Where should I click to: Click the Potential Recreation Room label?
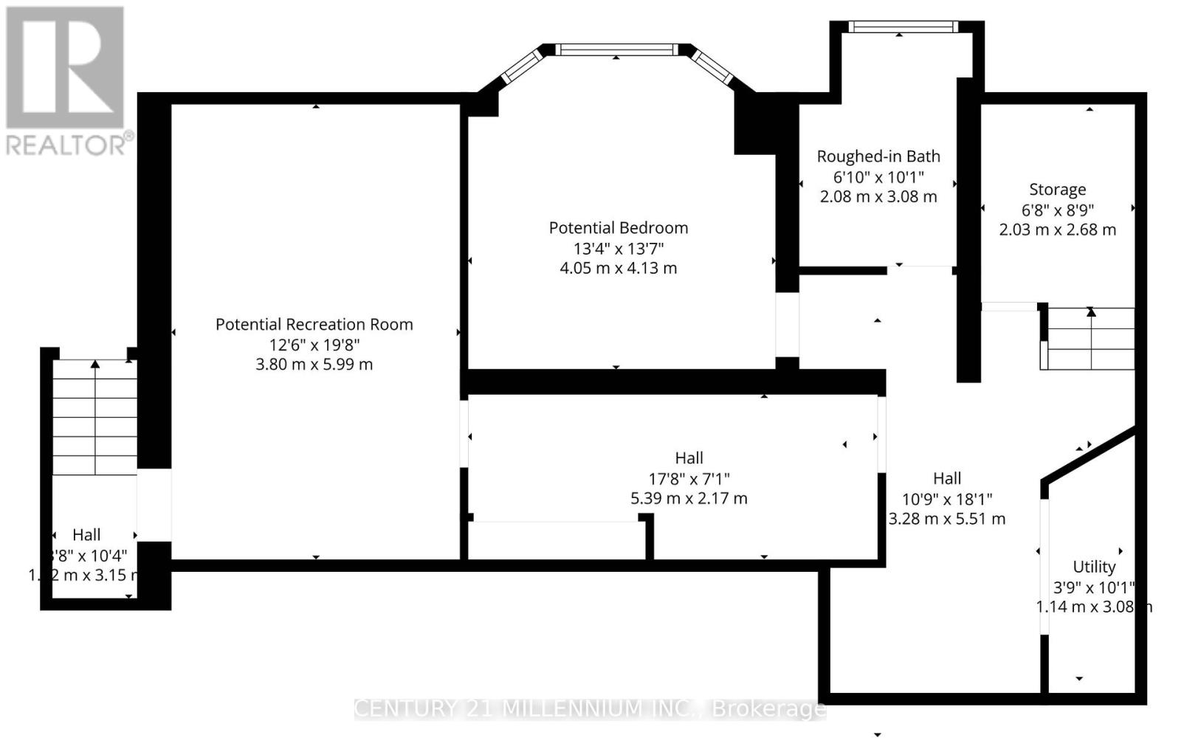(x=314, y=325)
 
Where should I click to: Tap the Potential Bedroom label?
(x=618, y=228)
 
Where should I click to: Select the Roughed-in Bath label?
(x=878, y=156)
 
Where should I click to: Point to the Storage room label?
(x=1057, y=190)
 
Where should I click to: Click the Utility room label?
(x=1094, y=567)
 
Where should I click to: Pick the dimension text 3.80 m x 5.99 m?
(x=314, y=365)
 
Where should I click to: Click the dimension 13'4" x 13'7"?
(x=618, y=248)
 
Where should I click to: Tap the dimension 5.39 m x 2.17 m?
(x=689, y=498)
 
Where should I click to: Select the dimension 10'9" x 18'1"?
(x=947, y=498)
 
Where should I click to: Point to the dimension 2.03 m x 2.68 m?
(x=1057, y=230)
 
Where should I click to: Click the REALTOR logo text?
(x=70, y=144)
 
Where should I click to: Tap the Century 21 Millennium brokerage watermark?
(x=590, y=709)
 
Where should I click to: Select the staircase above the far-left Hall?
(x=94, y=417)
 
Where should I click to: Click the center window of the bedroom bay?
(x=616, y=50)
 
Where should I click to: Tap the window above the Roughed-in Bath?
(x=903, y=27)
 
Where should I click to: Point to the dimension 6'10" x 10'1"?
(x=878, y=177)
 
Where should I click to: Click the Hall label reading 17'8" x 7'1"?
(x=689, y=458)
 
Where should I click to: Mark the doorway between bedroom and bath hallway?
(x=787, y=325)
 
